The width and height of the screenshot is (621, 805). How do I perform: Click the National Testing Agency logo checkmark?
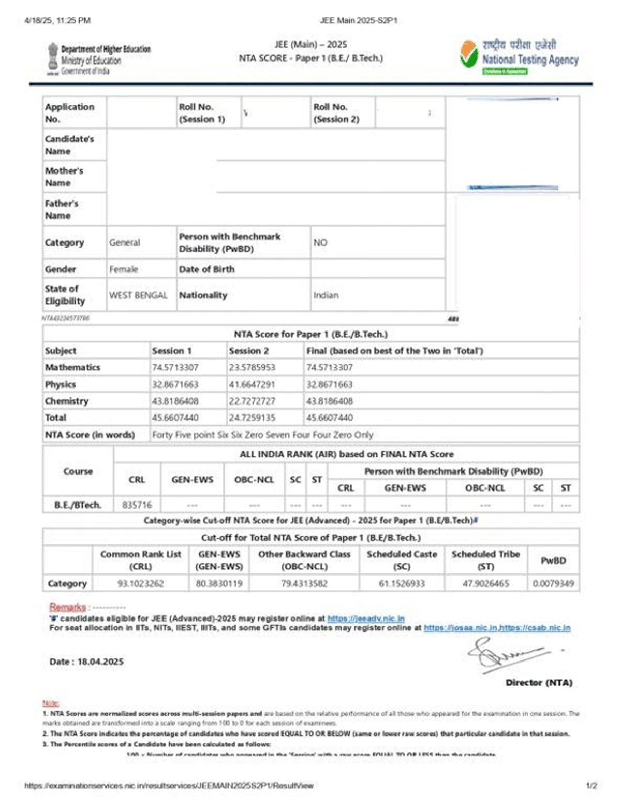469,55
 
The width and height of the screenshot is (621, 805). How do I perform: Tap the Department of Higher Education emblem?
53,58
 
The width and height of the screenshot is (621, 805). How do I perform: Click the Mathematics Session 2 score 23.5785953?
252,367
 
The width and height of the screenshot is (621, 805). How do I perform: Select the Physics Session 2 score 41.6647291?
252,384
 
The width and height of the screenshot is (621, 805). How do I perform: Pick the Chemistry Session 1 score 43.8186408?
175,401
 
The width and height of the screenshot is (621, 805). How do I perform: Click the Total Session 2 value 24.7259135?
252,418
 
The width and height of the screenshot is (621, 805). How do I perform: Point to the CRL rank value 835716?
137,505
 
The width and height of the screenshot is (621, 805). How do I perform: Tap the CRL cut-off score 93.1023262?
140,583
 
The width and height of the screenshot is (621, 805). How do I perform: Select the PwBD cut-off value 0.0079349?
553,583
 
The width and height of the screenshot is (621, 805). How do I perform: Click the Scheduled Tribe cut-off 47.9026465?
485,583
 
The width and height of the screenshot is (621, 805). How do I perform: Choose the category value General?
124,242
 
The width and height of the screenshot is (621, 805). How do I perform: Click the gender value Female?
123,269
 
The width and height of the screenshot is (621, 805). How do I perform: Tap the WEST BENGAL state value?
138,295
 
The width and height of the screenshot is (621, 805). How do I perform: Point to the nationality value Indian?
326,295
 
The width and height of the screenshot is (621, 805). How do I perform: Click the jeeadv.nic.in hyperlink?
366,619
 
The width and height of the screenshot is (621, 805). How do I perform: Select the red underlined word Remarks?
67,607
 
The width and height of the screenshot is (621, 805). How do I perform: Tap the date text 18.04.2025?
100,662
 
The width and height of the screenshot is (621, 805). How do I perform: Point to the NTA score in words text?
262,435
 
